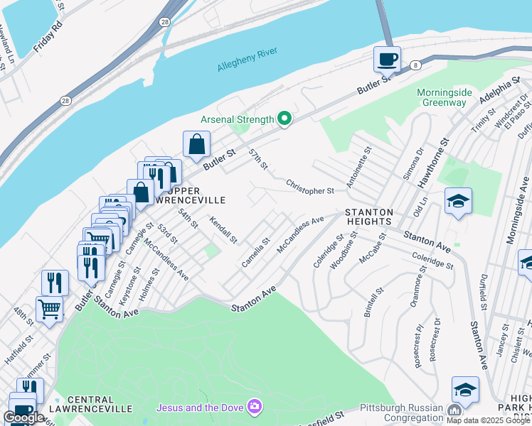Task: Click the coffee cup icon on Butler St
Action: point(387,60)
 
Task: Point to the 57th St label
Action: point(257,160)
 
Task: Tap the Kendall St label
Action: point(223,230)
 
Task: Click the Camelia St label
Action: point(255,253)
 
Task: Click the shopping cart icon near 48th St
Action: point(49,308)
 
